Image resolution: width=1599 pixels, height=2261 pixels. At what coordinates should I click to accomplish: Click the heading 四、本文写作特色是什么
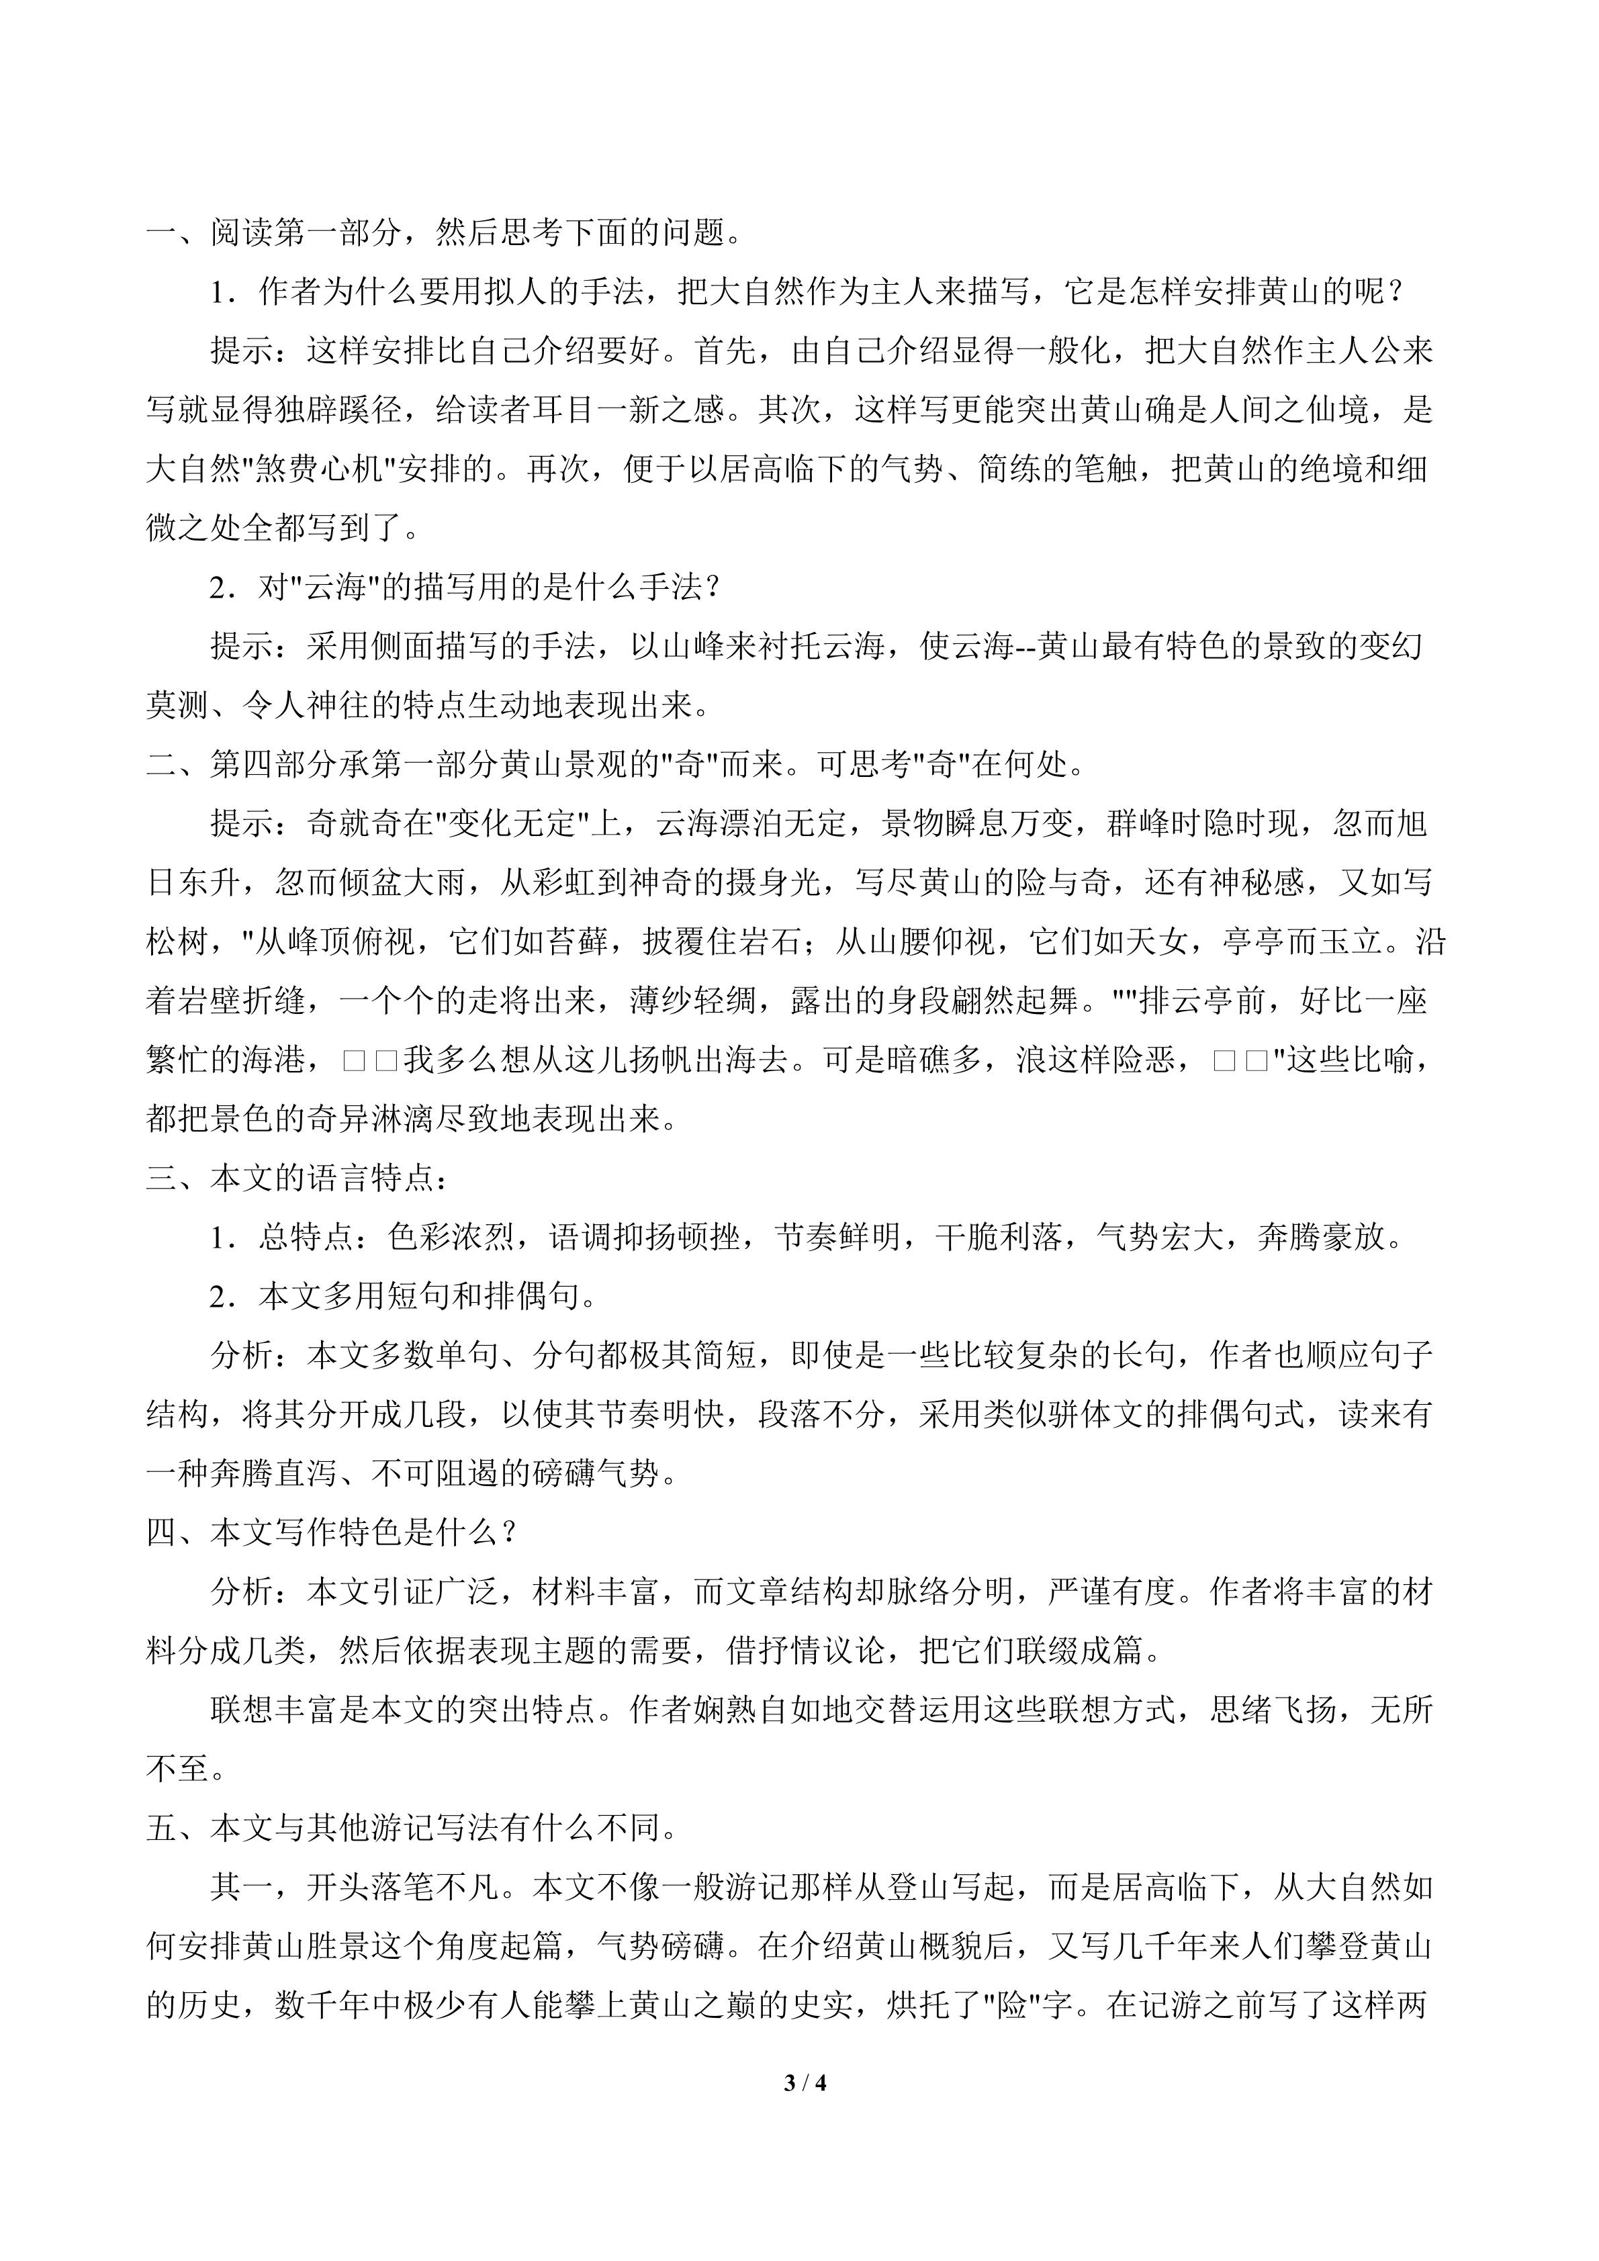click(331, 1533)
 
